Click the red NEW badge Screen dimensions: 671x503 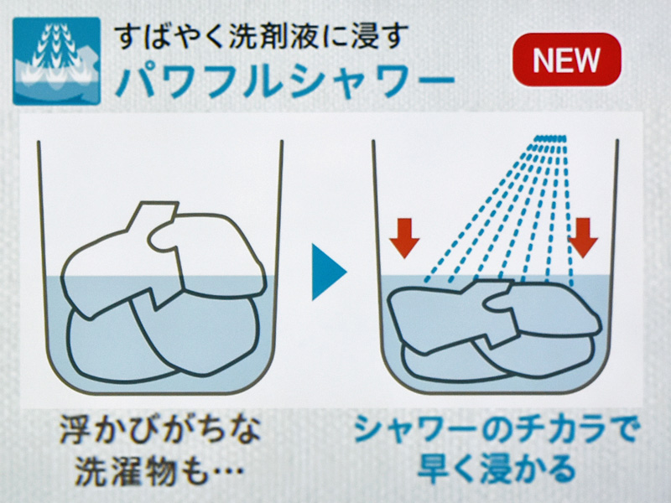(566, 60)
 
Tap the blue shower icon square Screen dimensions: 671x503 (56, 61)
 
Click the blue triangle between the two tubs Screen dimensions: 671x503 (328, 272)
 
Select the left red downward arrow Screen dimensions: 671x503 (404, 238)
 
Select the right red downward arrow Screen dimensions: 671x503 (583, 238)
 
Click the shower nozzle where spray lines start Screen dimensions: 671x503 (551, 138)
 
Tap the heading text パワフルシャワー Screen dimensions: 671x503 (284, 81)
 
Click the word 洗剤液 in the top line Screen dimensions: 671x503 (263, 37)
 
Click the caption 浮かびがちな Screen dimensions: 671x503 (160, 429)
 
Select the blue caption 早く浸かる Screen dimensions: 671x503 (497, 469)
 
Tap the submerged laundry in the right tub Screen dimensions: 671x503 (494, 329)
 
